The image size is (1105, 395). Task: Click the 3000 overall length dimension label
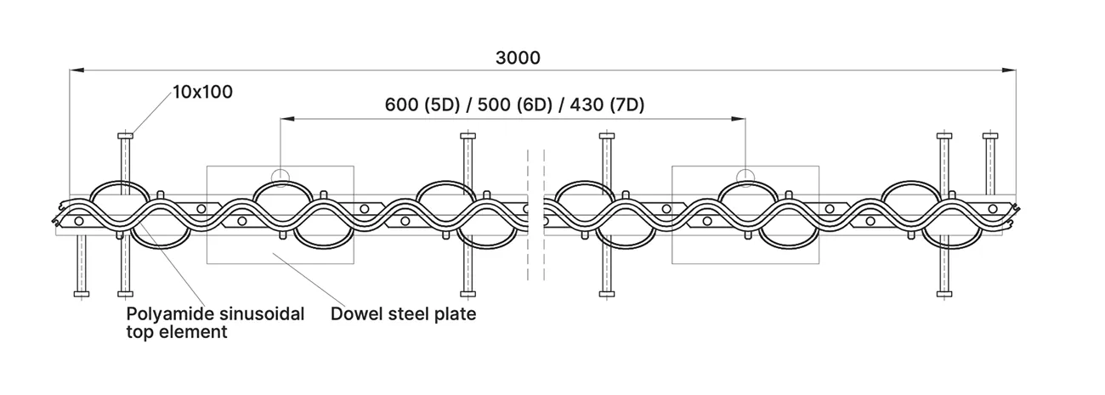[518, 59]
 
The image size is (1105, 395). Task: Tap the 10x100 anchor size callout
[202, 93]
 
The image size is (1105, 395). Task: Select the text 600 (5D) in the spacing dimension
[422, 105]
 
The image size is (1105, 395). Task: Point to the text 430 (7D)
[607, 105]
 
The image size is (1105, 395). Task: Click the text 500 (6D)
[514, 105]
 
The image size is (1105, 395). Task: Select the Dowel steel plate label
[403, 314]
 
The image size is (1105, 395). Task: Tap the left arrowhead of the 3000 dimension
[76, 71]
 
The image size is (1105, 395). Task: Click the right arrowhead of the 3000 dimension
[1009, 71]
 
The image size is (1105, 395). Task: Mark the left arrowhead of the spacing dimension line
[287, 119]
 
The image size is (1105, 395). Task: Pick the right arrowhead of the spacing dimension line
[739, 119]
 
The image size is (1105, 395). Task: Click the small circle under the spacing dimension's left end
[280, 176]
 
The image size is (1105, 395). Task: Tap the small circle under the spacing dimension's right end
[745, 176]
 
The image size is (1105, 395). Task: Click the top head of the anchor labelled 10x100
[125, 136]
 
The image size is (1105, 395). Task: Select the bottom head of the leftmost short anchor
[82, 295]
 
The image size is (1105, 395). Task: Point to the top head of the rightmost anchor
[990, 136]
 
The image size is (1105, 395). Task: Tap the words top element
[177, 332]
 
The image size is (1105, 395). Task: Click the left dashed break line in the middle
[529, 215]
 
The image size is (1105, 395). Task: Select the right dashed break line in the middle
[544, 215]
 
